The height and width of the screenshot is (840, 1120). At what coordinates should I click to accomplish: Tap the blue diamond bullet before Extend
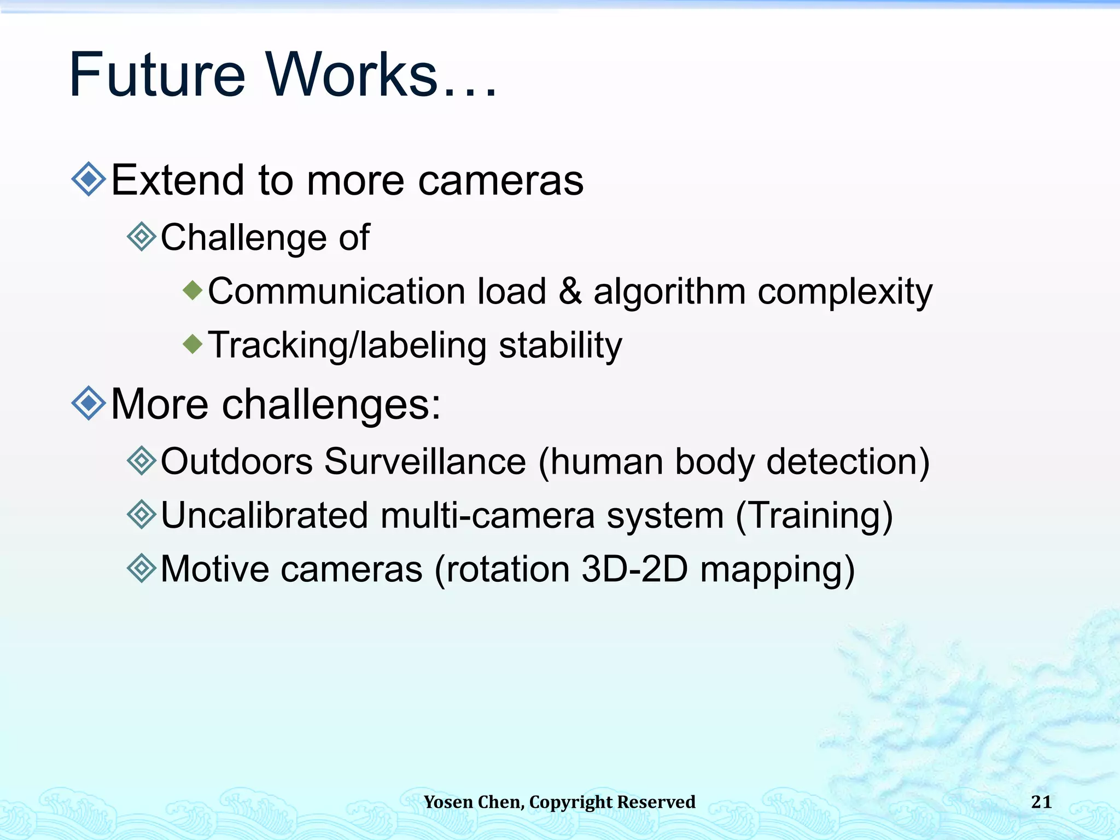[x=89, y=179]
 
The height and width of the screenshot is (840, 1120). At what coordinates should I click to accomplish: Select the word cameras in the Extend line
[x=500, y=181]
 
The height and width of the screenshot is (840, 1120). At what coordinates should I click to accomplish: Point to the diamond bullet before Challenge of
[x=142, y=236]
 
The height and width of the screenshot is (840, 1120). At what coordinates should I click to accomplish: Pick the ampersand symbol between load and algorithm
[x=570, y=291]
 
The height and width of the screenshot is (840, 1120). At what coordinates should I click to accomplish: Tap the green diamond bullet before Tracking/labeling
[x=192, y=344]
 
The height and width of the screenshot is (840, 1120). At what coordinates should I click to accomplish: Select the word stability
[x=561, y=346]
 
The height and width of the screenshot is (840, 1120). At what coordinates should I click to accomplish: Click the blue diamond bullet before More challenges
[x=89, y=403]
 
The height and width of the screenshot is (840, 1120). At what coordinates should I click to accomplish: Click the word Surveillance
[x=425, y=462]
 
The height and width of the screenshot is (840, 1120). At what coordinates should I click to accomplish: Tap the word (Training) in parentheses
[x=814, y=516]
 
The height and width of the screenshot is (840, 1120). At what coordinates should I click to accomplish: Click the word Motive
[x=214, y=569]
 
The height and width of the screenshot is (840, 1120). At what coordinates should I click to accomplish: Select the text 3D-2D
[x=634, y=569]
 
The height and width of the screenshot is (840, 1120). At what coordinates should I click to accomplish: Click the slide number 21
[x=1041, y=802]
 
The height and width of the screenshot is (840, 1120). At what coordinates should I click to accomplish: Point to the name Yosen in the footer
[x=448, y=802]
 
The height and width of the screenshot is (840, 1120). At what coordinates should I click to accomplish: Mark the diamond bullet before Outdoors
[x=142, y=460]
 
